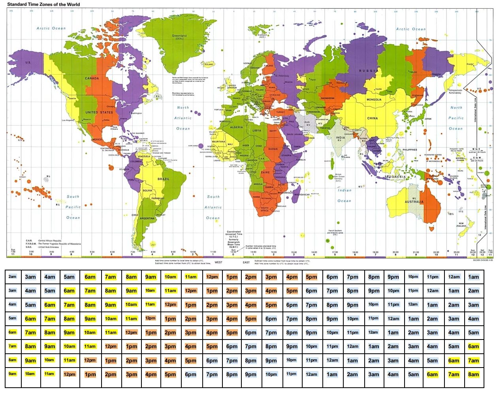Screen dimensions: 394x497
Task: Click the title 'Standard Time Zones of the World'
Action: click(43, 4)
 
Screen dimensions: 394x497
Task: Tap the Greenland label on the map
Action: click(179, 36)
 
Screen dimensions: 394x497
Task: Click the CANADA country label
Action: click(92, 78)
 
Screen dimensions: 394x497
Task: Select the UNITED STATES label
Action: click(99, 113)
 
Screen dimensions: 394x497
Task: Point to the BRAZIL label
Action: click(164, 179)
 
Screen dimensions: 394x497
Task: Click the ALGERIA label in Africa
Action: click(237, 128)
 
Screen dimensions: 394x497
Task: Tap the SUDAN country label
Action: click(273, 149)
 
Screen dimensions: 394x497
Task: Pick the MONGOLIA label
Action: click(374, 100)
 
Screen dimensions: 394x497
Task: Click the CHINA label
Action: click(372, 118)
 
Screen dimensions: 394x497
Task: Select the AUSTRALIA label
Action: click(414, 202)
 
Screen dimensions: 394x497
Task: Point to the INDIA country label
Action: click(340, 138)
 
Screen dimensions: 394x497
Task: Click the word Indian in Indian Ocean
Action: click(345, 190)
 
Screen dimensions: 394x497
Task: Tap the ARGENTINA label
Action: click(147, 218)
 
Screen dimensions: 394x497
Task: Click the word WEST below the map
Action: click(218, 262)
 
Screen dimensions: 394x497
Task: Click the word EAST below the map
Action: click(246, 262)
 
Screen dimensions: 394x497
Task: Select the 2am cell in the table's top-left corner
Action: click(13, 277)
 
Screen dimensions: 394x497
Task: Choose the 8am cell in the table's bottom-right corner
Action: click(473, 374)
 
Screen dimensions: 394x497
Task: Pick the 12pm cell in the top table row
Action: click(212, 277)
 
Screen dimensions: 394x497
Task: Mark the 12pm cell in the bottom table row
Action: click(70, 374)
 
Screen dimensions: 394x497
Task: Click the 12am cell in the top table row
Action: click(454, 277)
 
